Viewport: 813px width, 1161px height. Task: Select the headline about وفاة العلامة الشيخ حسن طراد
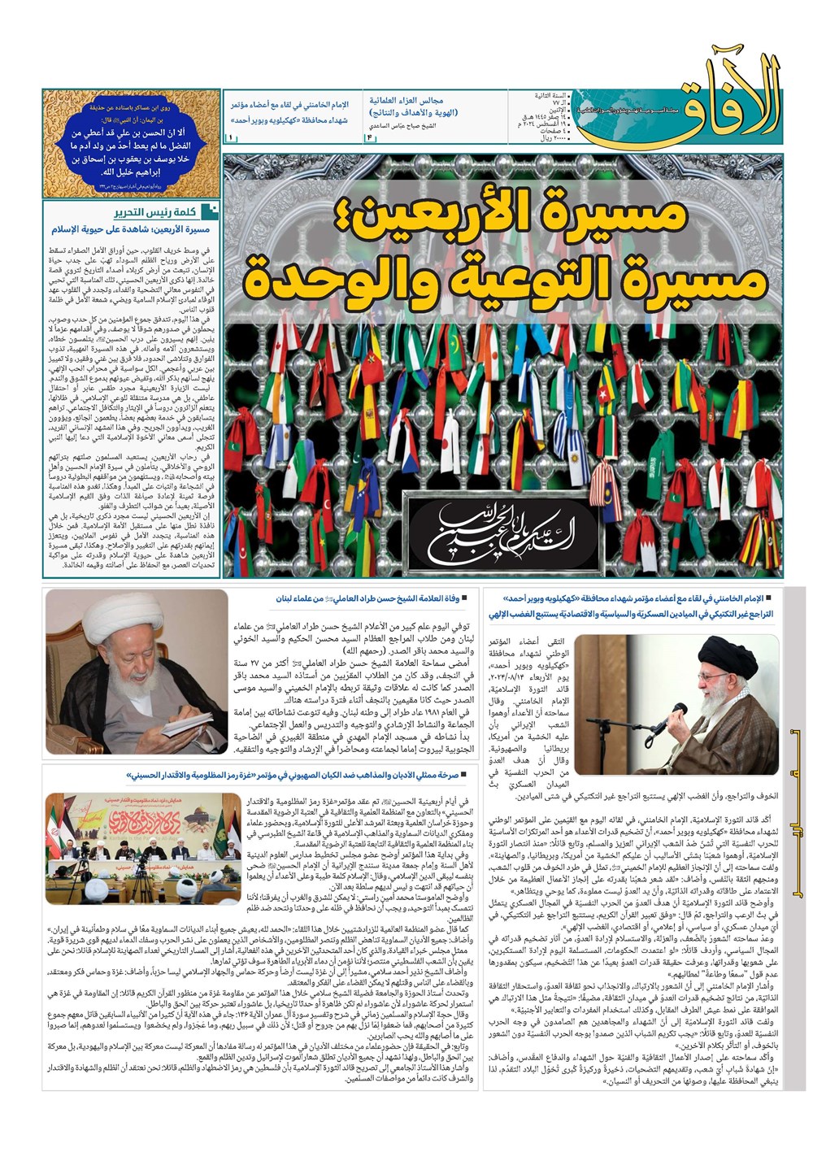[x=370, y=599]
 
